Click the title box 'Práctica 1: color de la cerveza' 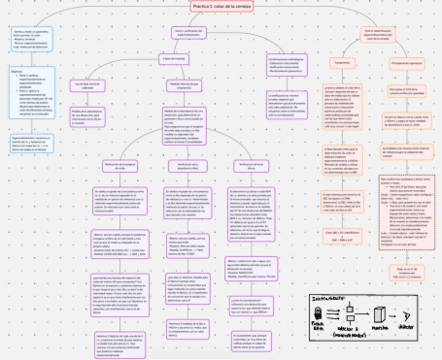coord(222,7)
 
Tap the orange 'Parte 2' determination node coord(377,35)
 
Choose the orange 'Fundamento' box coord(342,63)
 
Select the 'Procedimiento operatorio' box coord(407,63)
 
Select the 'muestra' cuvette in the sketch coord(379,316)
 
